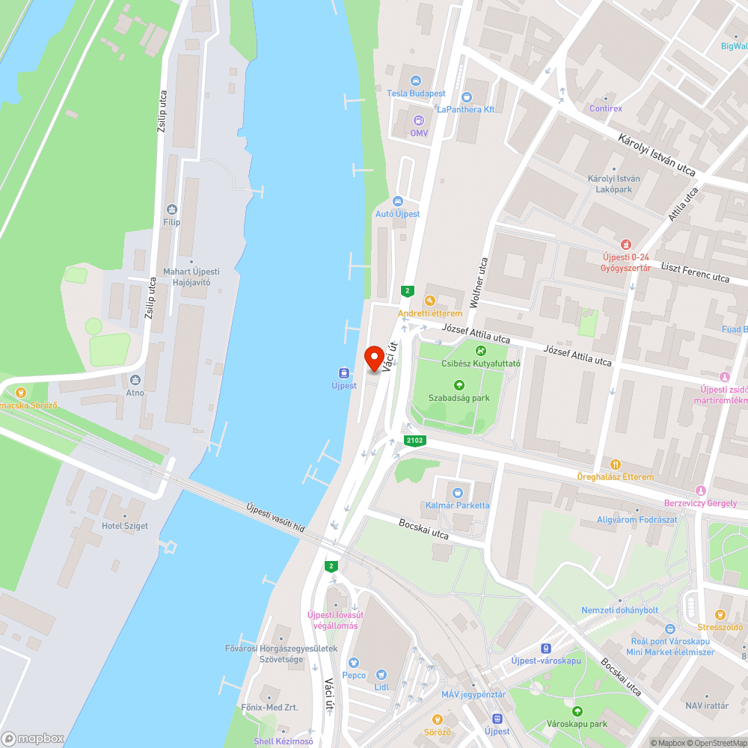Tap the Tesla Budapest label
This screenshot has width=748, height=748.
416,93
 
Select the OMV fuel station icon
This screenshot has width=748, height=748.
418,120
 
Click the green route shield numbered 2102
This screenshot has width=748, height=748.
414,441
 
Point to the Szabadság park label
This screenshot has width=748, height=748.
459,398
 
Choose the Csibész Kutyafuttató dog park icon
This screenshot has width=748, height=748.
480,350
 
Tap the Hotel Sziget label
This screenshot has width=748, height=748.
125,526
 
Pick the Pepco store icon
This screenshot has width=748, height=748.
354,662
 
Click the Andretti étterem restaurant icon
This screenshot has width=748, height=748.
430,301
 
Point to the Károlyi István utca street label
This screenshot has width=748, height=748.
657,156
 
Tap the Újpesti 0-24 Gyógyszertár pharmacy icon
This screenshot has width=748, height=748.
626,244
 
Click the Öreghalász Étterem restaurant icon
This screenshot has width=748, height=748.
615,465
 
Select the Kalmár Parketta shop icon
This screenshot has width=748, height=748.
457,492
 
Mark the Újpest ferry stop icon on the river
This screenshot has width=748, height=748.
344,373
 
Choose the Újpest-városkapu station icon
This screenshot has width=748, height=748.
546,649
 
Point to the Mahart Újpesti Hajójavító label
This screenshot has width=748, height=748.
191,276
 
